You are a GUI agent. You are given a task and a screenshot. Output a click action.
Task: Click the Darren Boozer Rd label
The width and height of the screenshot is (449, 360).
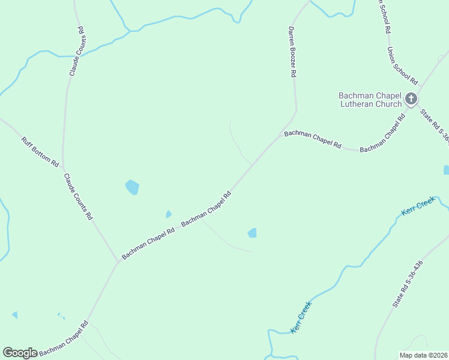[292, 52]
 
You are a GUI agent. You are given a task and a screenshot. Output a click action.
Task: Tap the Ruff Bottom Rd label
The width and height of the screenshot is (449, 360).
[40, 152]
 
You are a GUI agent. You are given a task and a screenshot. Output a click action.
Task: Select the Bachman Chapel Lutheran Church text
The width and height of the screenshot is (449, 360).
[370, 100]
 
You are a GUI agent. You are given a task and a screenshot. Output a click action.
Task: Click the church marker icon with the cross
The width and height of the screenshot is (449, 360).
[411, 98]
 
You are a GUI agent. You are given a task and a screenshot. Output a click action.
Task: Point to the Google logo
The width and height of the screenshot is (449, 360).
[20, 353]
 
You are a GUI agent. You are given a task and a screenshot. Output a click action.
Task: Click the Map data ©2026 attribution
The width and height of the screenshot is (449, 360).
[423, 355]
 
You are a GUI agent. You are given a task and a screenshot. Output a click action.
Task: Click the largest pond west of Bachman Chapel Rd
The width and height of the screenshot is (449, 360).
[132, 187]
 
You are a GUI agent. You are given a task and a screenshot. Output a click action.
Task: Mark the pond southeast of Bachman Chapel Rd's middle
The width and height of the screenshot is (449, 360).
[253, 233]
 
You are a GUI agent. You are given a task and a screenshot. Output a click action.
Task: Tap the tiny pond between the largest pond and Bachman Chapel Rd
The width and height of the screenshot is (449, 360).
[169, 214]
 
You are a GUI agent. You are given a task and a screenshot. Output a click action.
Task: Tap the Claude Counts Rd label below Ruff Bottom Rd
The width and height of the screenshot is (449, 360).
[79, 196]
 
